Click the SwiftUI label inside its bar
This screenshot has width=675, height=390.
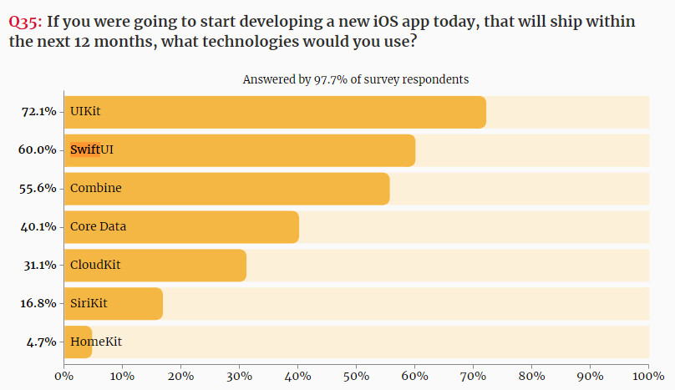92,149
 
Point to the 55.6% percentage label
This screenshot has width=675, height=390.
38,188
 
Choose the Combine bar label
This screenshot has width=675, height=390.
95,188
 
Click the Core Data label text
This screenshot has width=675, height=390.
98,226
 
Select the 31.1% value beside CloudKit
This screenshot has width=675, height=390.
38,265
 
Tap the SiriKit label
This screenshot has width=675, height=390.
89,303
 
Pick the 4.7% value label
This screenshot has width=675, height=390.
42,342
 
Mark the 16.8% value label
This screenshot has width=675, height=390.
38,303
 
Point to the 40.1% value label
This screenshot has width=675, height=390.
38,226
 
